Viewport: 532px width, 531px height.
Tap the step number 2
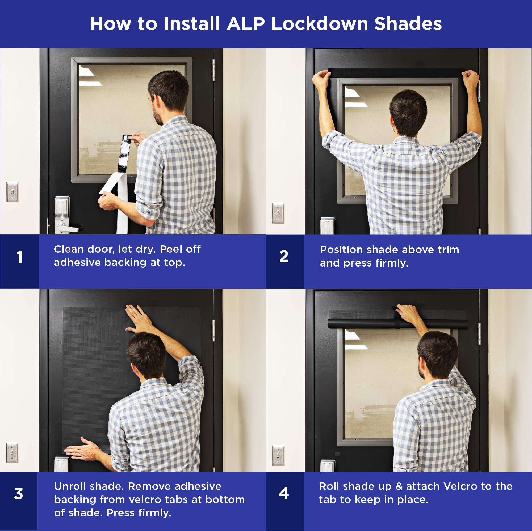tap(284, 256)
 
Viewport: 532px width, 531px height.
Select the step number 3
tap(19, 494)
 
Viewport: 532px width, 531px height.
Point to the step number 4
tap(284, 493)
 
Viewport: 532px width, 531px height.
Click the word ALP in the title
tap(246, 24)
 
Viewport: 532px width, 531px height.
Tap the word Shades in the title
tap(408, 24)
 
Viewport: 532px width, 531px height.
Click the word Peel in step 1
tap(171, 249)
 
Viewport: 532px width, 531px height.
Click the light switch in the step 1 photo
tap(13, 192)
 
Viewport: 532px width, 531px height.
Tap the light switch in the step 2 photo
tap(278, 213)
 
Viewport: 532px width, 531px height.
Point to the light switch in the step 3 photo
tap(12, 453)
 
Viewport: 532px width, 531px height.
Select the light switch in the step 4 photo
tap(278, 456)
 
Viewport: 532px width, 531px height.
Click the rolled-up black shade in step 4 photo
tap(398, 324)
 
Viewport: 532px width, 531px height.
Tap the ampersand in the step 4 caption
tap(399, 486)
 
